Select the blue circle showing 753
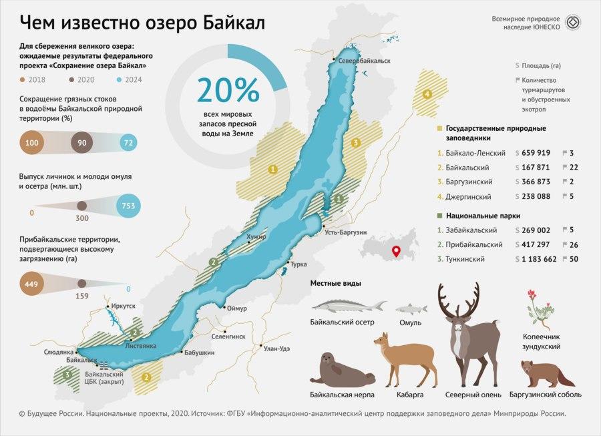point(128,206)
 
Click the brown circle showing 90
point(82,144)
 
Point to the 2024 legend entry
point(133,79)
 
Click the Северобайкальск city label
point(364,61)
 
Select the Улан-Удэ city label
point(276,348)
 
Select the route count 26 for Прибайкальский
point(574,244)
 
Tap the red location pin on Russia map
point(395,251)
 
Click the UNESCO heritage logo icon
point(572,23)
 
